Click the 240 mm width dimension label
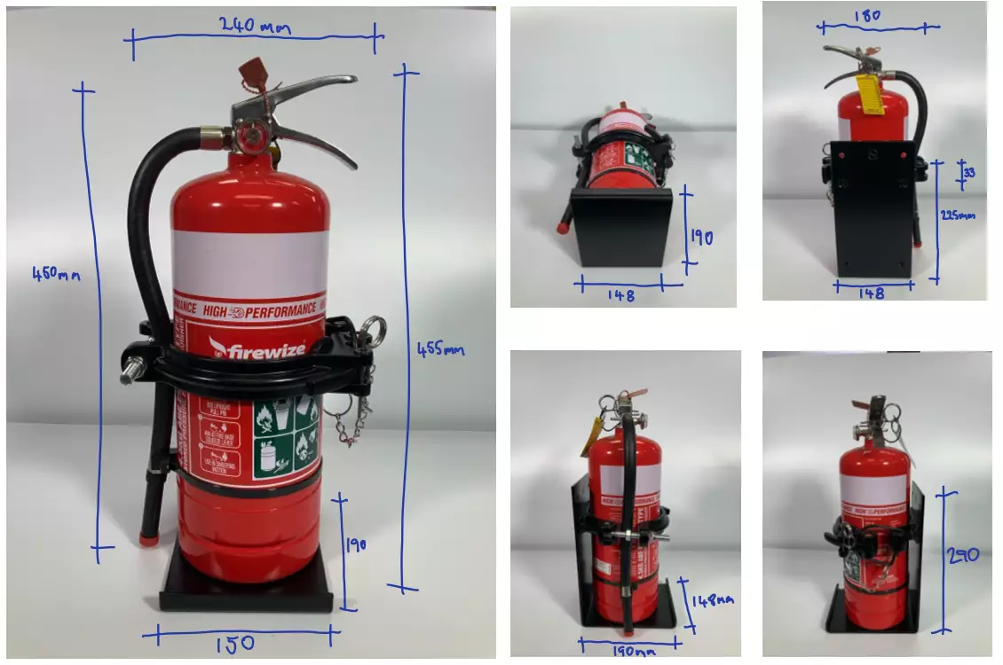254,26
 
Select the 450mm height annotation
56,275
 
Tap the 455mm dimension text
441,350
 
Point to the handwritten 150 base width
234,643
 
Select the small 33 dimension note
969,173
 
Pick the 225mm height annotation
960,215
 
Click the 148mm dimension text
713,601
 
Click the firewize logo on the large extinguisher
257,348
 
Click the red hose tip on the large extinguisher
149,537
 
